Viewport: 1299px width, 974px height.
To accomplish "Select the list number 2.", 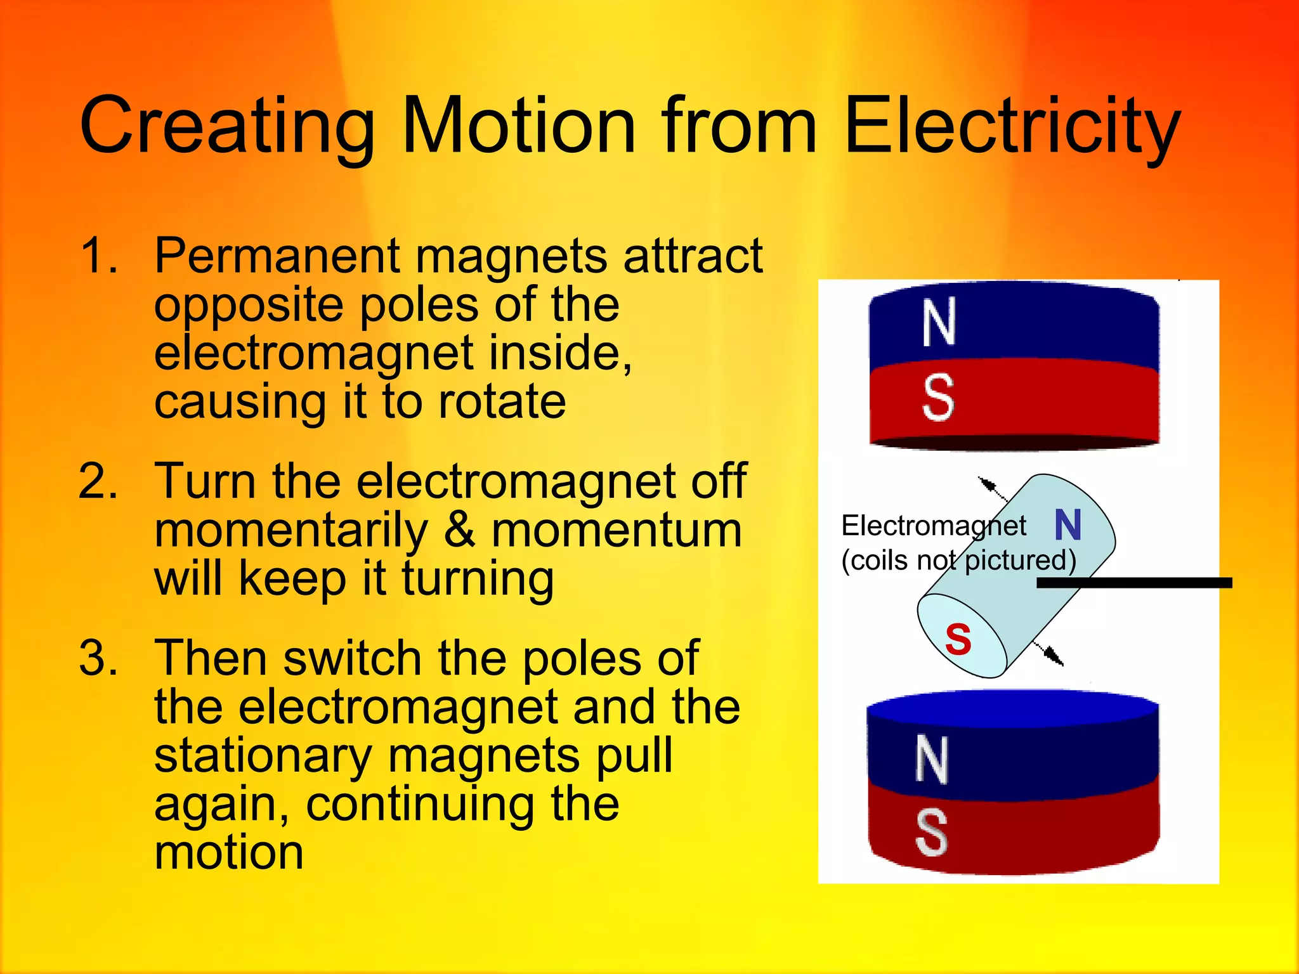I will (98, 482).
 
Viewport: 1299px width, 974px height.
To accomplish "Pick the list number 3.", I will (98, 658).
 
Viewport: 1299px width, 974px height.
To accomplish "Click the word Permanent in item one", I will (277, 256).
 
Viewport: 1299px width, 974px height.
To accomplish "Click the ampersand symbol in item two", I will (459, 531).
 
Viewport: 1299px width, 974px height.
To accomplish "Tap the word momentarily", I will (291, 531).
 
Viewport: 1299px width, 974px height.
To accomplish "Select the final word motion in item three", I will (228, 853).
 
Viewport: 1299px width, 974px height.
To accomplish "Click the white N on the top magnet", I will (939, 323).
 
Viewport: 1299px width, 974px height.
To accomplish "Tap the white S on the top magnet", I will (938, 398).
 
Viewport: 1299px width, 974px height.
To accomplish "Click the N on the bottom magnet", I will (931, 760).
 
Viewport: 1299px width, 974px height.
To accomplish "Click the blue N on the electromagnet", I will (1067, 525).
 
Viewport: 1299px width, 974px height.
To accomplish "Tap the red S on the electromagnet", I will (958, 639).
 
